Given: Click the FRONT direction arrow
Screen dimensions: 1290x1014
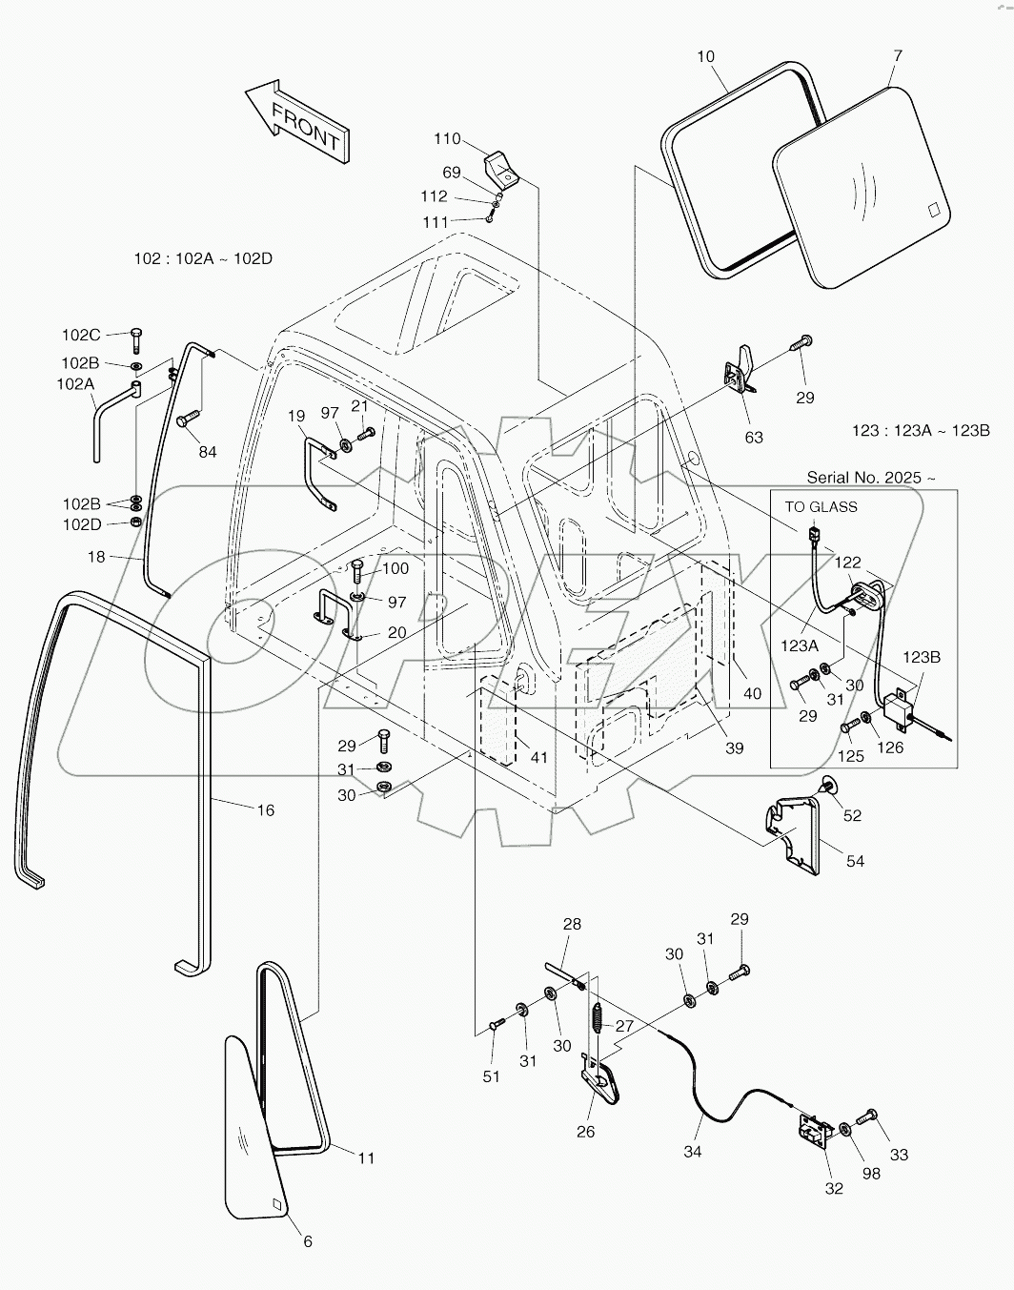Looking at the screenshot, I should coord(298,120).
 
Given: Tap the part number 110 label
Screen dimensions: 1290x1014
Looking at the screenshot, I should coord(447,139).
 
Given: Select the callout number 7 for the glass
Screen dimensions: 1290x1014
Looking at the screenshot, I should coord(898,56).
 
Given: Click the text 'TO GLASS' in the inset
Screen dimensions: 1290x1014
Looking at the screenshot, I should coord(821,506).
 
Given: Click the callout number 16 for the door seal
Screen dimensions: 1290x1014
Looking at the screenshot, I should coord(265,809).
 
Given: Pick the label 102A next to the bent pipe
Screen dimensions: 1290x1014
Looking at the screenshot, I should coord(76,384).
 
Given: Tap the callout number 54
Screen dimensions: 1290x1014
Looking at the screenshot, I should coord(855,861).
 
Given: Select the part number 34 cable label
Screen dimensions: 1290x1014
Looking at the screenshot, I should coord(693,1152).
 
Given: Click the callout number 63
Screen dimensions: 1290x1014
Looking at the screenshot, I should coord(754,438).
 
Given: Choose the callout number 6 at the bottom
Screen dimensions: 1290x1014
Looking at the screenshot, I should coord(307,1241).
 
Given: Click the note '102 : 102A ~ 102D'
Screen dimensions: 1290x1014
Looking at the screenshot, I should coord(204,258).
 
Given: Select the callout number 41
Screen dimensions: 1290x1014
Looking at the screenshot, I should coord(539,757).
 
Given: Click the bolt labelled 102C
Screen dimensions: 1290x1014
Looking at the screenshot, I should coord(135,338).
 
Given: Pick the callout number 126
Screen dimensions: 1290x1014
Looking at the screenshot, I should coord(890,747).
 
